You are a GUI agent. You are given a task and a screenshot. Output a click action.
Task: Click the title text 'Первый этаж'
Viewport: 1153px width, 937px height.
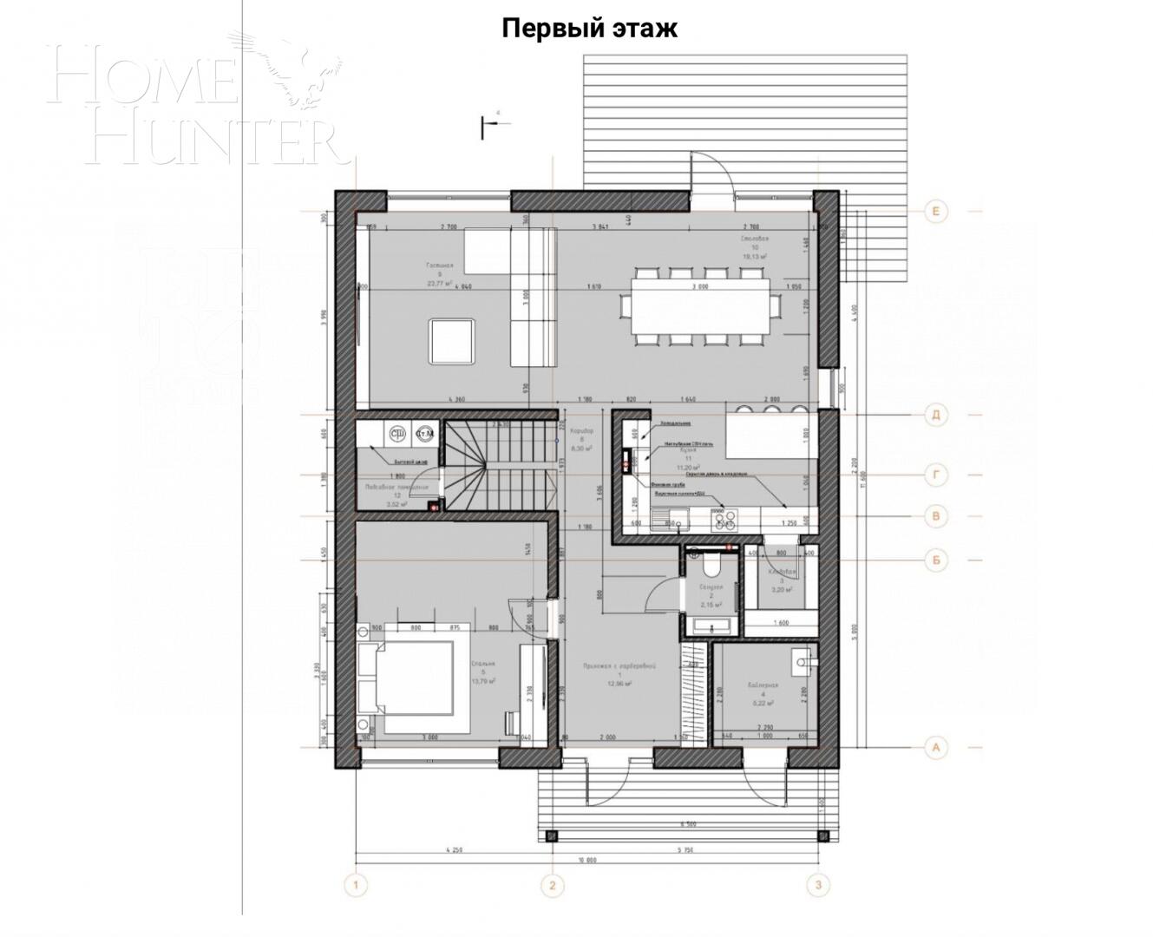click(589, 28)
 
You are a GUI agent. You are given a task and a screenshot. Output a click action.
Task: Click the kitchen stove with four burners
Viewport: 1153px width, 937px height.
click(724, 520)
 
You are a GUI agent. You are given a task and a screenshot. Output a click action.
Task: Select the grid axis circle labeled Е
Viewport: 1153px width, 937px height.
click(935, 212)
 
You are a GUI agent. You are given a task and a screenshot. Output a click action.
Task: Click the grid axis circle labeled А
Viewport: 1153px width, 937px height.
click(935, 746)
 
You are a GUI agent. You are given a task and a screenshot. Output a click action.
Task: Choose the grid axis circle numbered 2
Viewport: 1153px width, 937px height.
click(552, 886)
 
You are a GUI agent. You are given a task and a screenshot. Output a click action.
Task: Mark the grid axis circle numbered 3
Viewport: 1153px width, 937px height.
click(817, 886)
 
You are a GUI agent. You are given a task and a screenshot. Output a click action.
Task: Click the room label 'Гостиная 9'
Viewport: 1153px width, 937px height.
click(440, 273)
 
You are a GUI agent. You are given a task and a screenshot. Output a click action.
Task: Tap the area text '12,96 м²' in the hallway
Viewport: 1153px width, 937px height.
click(619, 683)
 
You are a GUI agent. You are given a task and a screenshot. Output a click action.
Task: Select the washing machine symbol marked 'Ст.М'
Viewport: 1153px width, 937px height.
click(425, 433)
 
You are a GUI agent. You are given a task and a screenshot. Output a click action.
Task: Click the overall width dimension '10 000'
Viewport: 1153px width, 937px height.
click(586, 860)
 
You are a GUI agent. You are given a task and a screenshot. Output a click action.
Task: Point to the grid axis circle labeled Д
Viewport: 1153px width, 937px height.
click(935, 414)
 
